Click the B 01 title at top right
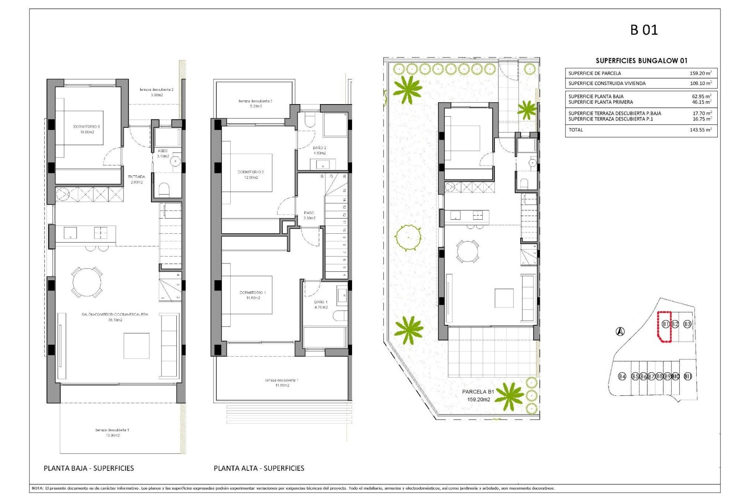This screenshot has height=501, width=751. [644, 30]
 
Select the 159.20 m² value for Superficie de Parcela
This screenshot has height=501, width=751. [700, 73]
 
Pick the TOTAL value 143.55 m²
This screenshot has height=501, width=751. [700, 130]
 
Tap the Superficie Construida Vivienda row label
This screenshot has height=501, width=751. [607, 83]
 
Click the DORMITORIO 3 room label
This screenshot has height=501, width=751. [86, 129]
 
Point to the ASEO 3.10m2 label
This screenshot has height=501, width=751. [163, 153]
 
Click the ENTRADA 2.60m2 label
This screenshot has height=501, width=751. [137, 179]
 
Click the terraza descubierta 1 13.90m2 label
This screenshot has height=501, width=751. [112, 433]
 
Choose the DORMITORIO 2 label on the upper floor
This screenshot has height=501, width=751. [251, 175]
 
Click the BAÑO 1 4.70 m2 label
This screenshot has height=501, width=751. [321, 305]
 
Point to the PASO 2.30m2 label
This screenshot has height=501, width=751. [309, 215]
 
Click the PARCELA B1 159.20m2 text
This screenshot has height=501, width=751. [478, 395]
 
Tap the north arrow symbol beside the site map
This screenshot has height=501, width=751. [620, 332]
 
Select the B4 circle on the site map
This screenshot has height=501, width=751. [622, 377]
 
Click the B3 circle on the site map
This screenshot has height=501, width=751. [687, 324]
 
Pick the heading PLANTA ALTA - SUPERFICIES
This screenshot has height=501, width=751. [259, 468]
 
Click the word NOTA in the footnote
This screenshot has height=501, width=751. [38, 488]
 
